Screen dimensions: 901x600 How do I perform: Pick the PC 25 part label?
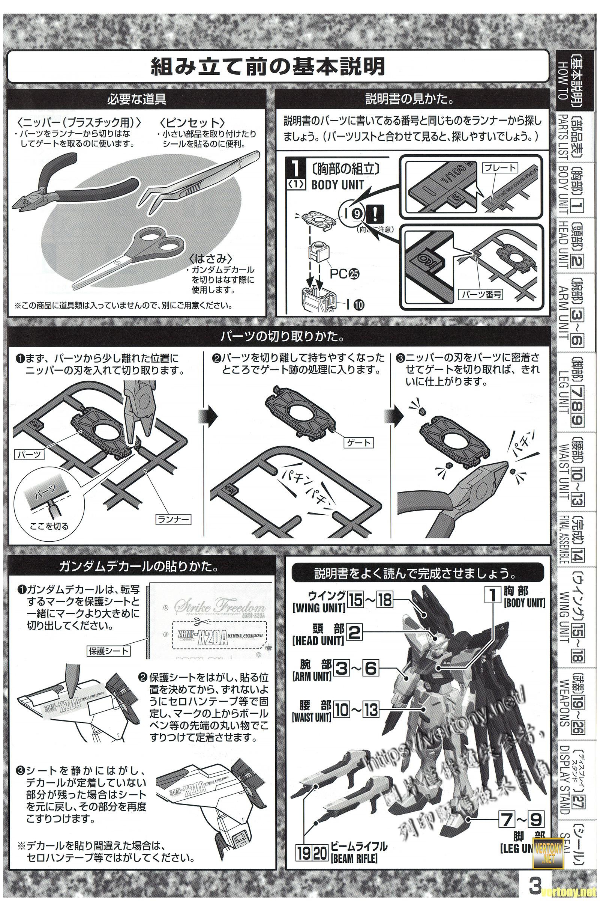[x=344, y=274]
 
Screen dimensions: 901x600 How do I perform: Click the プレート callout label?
[x=500, y=168]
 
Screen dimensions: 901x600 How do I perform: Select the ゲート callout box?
[x=358, y=443]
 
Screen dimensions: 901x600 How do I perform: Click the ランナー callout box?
[x=173, y=520]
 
